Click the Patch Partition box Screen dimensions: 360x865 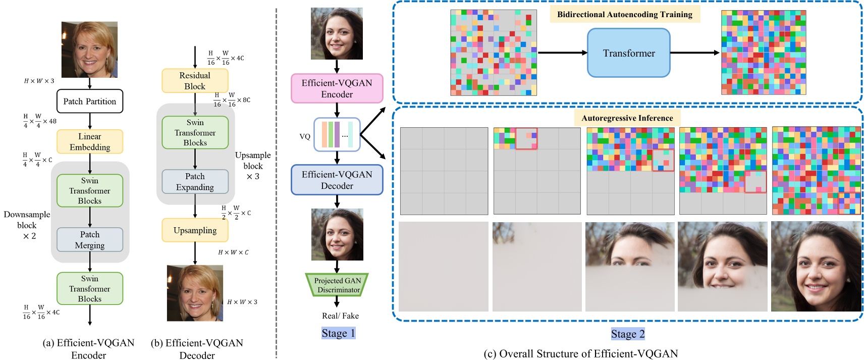coord(89,101)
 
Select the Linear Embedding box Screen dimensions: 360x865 coord(89,142)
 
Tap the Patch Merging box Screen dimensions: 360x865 coord(89,240)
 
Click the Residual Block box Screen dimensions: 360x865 coord(195,81)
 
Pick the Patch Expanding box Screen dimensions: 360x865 coord(195,182)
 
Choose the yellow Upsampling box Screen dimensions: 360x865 coord(195,230)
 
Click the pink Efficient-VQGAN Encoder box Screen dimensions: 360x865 coord(337,88)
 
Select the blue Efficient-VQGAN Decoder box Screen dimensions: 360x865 coord(337,180)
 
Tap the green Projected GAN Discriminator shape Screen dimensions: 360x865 coord(337,285)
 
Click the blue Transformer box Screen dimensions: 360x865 coord(628,53)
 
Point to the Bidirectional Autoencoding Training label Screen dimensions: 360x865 coord(624,14)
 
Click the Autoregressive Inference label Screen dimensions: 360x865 coord(627,118)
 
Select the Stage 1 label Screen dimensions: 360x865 coord(338,333)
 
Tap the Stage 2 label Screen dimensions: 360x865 coord(627,334)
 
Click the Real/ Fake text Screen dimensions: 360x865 coord(340,316)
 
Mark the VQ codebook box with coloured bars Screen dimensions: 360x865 coord(337,134)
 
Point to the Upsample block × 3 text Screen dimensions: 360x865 coord(253,166)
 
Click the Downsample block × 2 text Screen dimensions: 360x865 coord(27,225)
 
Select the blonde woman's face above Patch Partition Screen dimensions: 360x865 coord(89,49)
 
